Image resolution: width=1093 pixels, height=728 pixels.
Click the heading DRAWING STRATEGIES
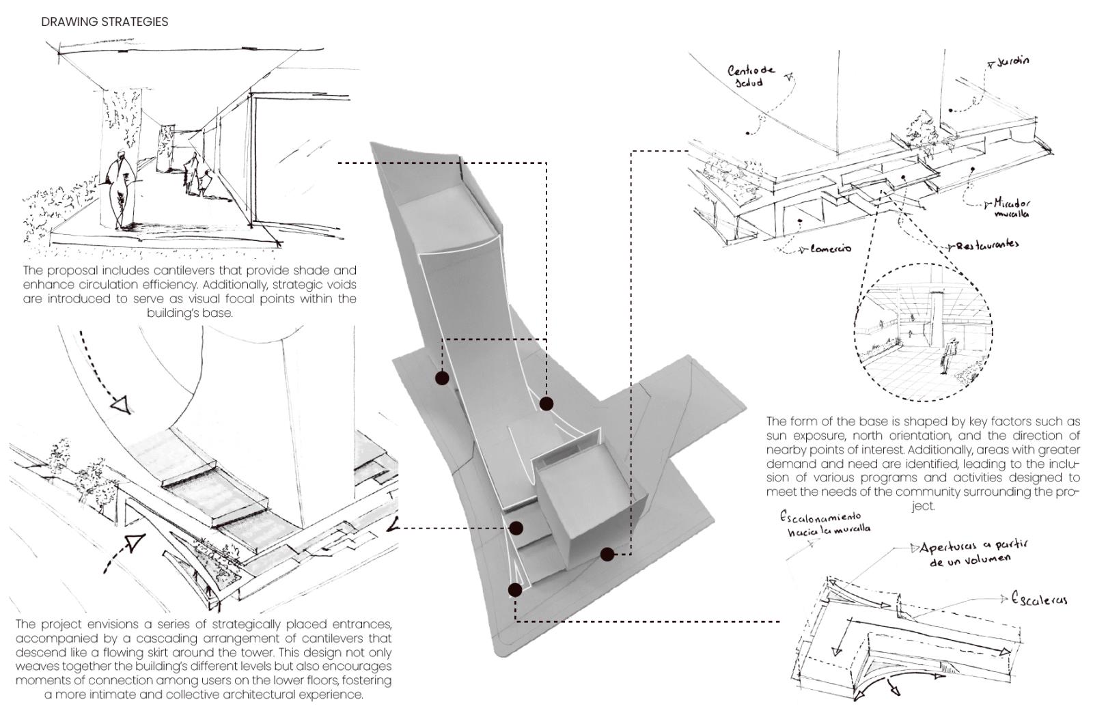pos(105,22)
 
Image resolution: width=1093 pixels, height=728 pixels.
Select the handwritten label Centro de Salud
pos(751,75)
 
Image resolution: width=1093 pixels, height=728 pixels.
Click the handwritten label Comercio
pos(830,249)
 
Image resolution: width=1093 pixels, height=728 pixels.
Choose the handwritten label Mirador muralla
pos(1012,208)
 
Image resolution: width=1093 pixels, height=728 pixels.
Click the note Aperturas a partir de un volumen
pos(973,553)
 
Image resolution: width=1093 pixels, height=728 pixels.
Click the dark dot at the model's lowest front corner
pos(515,590)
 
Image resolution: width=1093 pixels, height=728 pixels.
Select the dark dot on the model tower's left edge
pos(442,378)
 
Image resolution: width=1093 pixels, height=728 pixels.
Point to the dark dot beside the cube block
pos(607,555)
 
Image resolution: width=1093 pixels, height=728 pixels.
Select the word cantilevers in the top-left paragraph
pos(184,270)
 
